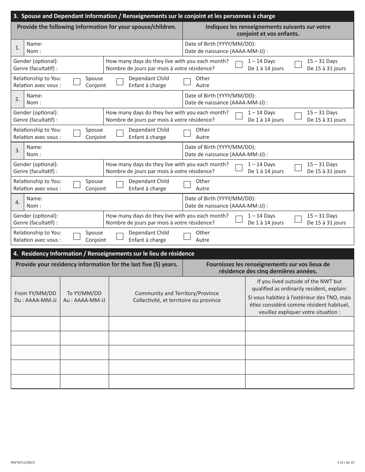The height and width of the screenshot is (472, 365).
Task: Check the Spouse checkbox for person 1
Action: coord(77,82)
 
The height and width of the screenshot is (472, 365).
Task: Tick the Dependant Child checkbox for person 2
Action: coord(120,133)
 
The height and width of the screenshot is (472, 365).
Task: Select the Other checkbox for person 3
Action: coord(187,185)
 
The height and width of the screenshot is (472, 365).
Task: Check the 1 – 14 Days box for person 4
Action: coord(239,219)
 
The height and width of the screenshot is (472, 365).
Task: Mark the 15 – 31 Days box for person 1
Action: coord(298,64)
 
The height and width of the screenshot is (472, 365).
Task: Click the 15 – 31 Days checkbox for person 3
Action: coord(298,168)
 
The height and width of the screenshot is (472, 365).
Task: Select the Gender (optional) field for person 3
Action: coord(81,168)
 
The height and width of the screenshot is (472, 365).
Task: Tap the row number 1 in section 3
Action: coord(18,48)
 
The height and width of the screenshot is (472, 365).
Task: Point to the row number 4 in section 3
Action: coord(18,202)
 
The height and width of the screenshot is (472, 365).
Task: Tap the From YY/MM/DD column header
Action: coord(35,297)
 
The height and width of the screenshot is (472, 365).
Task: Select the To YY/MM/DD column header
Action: coord(85,297)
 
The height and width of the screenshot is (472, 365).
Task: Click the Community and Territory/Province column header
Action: coord(177,297)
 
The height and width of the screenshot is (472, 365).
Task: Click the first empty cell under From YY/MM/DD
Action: coord(35,324)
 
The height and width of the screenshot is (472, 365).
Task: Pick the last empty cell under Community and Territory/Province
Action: coord(177,381)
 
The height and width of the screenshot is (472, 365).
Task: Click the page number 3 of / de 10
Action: coord(345,463)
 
